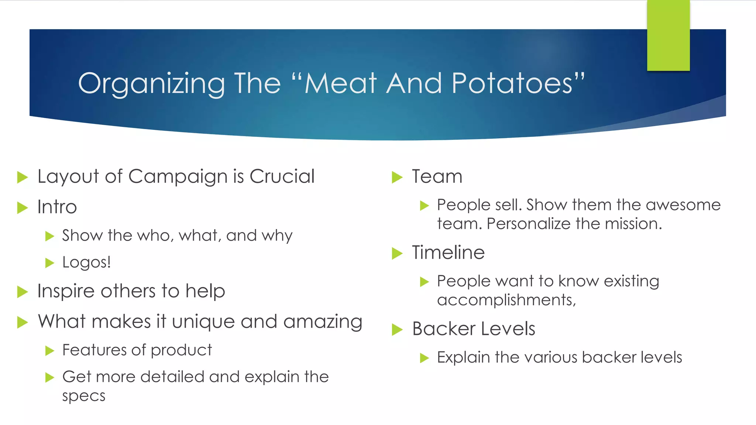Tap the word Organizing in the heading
151,84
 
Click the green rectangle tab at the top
668,35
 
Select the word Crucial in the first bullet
282,176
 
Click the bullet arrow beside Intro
23,208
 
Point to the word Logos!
86,262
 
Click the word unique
203,322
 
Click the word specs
84,396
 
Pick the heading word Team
437,176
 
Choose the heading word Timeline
448,253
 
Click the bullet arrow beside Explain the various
424,358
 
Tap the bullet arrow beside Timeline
397,253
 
